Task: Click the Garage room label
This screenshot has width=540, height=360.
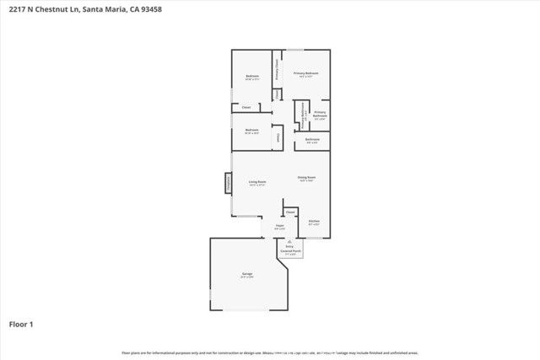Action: click(x=247, y=275)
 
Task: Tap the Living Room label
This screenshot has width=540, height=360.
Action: click(x=257, y=183)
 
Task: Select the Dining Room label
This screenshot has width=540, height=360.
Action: click(x=306, y=178)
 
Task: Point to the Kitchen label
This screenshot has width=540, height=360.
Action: click(x=314, y=223)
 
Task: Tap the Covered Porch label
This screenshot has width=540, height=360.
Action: click(x=291, y=252)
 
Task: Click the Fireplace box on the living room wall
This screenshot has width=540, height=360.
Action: click(x=228, y=183)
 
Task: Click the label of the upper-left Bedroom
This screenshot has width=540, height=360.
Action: click(x=251, y=78)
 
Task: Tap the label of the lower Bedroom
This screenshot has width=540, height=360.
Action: click(x=251, y=131)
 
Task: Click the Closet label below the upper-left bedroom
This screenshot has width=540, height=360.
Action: click(x=246, y=108)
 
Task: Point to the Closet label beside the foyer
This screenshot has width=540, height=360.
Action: click(x=290, y=212)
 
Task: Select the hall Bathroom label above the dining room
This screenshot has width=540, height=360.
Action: click(x=312, y=140)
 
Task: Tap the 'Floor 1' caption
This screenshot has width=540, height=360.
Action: click(x=21, y=324)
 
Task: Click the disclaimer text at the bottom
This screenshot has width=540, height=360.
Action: click(x=270, y=352)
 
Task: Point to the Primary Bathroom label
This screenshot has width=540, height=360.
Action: click(x=320, y=114)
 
